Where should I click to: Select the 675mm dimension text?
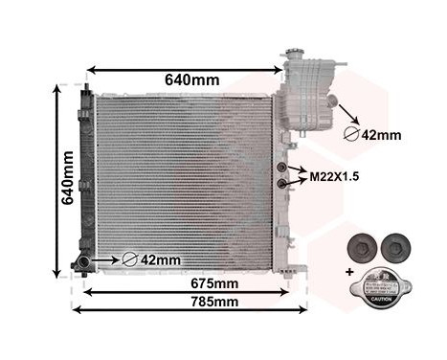212,284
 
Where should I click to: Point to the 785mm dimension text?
212,304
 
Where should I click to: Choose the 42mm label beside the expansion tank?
382,135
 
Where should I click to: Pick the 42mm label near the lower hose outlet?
160,259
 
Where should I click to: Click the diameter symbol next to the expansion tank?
351,135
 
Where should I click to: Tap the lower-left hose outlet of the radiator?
83,262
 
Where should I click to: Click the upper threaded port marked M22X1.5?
282,169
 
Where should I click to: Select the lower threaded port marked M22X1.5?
282,183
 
